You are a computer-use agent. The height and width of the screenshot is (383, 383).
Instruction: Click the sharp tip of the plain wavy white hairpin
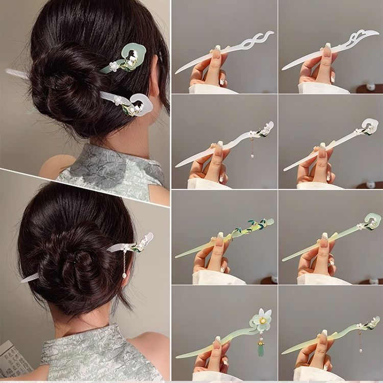click(178, 71)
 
